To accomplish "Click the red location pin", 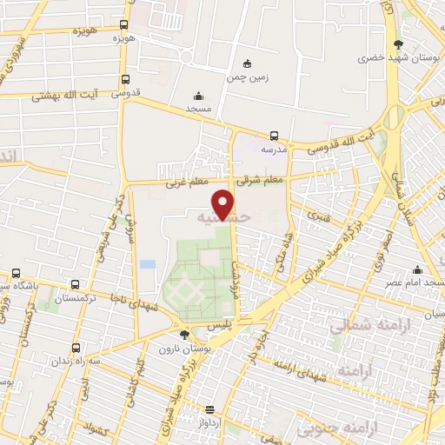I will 225,203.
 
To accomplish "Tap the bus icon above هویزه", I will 124,25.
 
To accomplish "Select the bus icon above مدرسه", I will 274,135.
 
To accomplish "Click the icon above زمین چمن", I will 247,63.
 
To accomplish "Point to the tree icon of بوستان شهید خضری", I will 398,44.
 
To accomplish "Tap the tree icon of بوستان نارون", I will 183,334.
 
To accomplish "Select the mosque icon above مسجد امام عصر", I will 417,269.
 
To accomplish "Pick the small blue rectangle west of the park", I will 148,263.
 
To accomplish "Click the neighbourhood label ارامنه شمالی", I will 357,325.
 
